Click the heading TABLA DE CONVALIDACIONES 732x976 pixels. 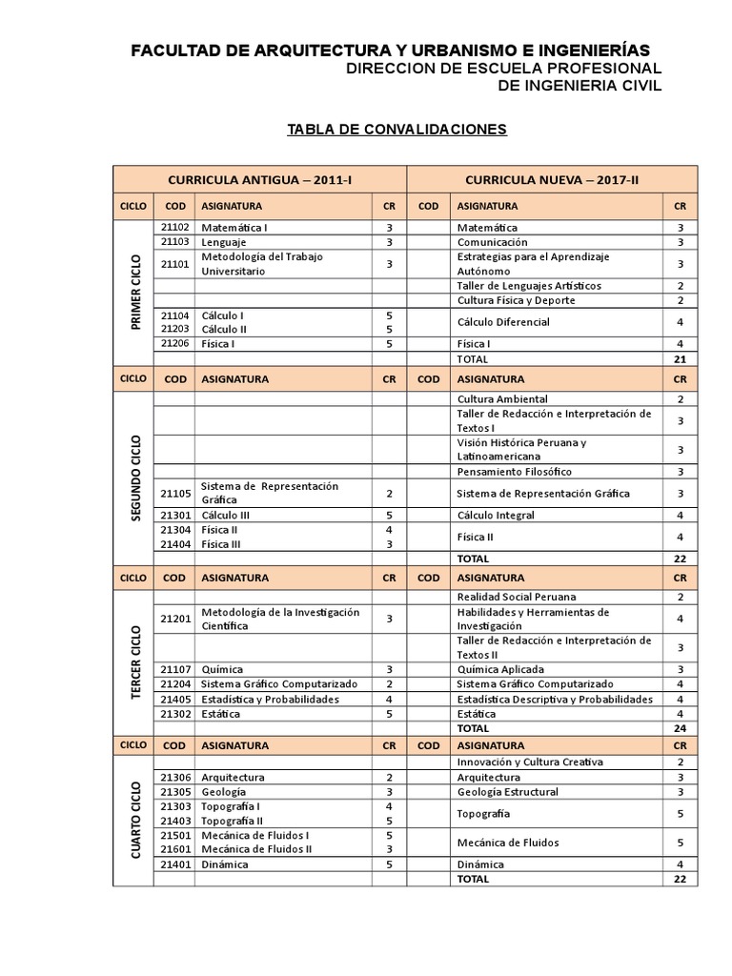pyautogui.click(x=397, y=129)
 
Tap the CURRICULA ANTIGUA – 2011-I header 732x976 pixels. pyautogui.click(x=259, y=179)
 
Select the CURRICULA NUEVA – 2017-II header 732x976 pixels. pyautogui.click(x=553, y=179)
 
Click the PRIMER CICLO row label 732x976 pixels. pyautogui.click(x=133, y=293)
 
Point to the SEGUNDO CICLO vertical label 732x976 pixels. pyautogui.click(x=133, y=477)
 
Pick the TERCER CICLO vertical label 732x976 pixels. pyautogui.click(x=133, y=661)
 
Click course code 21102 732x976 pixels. pyautogui.click(x=175, y=228)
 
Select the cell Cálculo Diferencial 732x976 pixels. pyautogui.click(x=503, y=322)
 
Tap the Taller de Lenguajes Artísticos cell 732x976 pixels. pyautogui.click(x=529, y=286)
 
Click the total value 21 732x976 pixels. pyautogui.click(x=680, y=359)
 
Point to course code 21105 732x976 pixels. pyautogui.click(x=175, y=494)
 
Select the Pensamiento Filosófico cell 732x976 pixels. pyautogui.click(x=515, y=472)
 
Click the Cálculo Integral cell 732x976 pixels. pyautogui.click(x=496, y=516)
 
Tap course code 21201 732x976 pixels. pyautogui.click(x=175, y=619)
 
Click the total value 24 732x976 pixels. pyautogui.click(x=680, y=728)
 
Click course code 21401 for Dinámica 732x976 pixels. pyautogui.click(x=175, y=864)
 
